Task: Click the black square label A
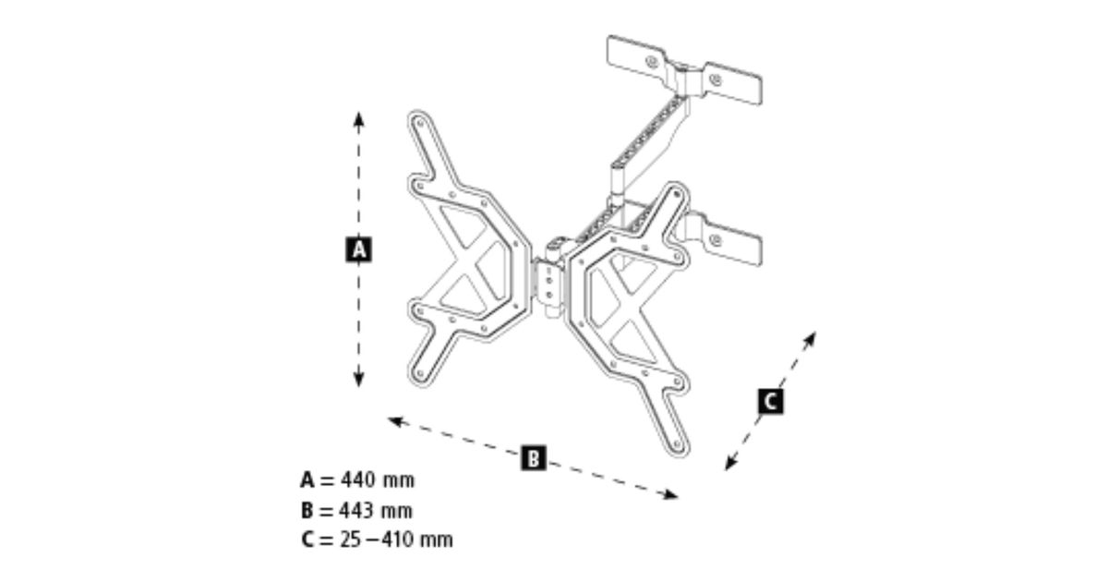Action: (358, 249)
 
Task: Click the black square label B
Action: (533, 456)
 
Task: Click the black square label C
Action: (770, 402)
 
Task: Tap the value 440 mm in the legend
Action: (378, 480)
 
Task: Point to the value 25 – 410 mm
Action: (397, 540)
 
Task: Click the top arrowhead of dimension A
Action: (358, 117)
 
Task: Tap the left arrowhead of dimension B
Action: (393, 421)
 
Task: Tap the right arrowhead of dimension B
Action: (672, 495)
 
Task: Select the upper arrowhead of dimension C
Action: (812, 337)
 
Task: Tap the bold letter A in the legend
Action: (307, 480)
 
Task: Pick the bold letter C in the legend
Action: (307, 540)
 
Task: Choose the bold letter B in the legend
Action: (307, 510)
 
